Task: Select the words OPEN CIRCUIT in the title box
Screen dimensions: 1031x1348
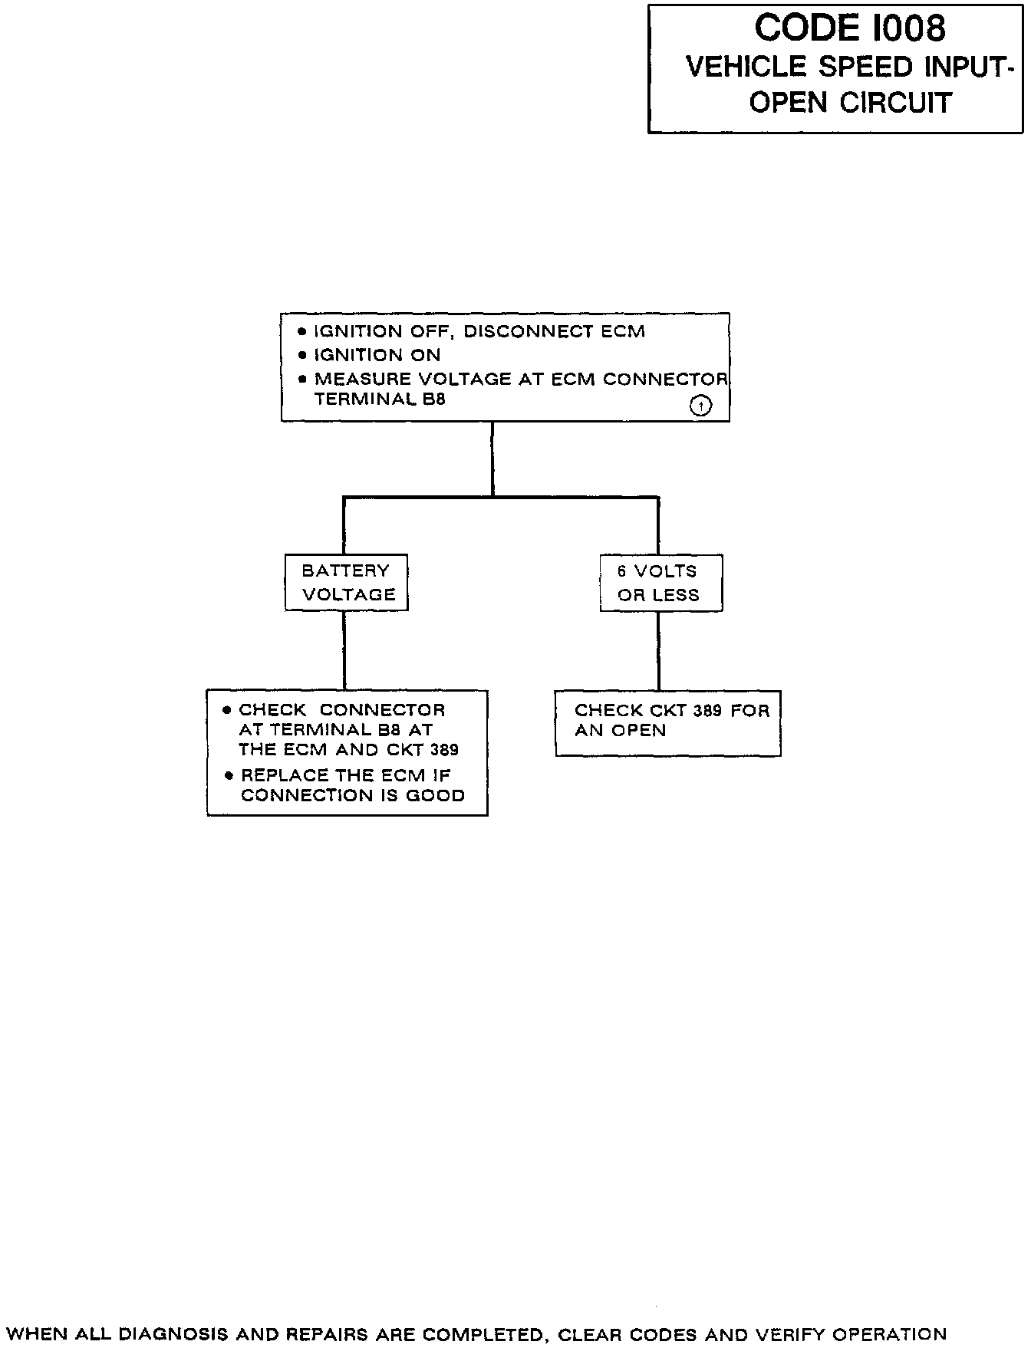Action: click(850, 103)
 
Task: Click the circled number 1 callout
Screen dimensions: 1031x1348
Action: click(701, 406)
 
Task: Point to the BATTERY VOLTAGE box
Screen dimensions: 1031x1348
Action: click(347, 583)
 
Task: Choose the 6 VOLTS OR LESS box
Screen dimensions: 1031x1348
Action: click(660, 583)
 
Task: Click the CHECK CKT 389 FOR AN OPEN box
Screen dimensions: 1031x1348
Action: click(667, 722)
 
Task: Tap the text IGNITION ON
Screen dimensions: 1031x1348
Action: click(377, 355)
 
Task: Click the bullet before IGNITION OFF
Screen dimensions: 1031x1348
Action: click(302, 332)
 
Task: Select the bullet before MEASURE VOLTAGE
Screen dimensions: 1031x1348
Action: click(302, 379)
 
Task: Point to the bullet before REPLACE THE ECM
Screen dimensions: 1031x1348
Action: click(229, 775)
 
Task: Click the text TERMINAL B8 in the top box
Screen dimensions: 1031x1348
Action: click(380, 399)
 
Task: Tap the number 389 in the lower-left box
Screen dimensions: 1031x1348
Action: click(444, 750)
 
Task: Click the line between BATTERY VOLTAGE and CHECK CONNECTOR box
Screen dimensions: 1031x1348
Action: click(344, 650)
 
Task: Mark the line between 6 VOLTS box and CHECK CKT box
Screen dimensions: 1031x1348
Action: click(659, 650)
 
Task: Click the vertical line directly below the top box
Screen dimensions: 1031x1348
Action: click(492, 458)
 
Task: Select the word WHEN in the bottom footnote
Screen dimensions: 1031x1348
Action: click(37, 1335)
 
